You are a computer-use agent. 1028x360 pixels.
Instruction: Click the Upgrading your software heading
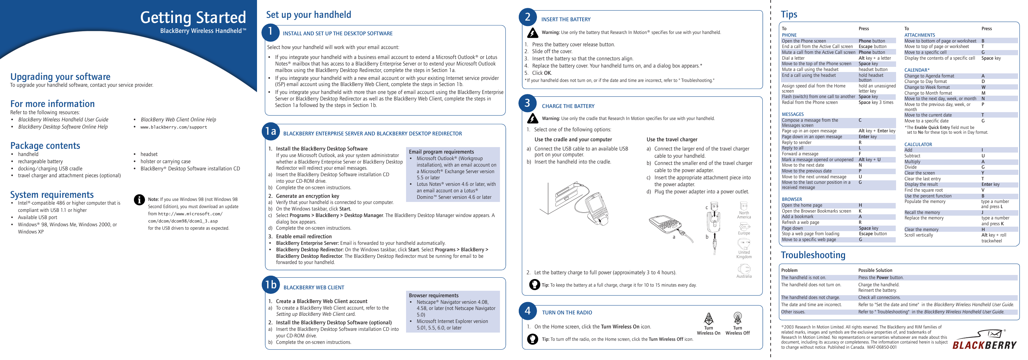(x=60, y=77)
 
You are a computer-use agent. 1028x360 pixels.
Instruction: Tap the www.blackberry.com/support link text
(x=174, y=127)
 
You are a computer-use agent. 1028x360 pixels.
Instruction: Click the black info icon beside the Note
(x=139, y=200)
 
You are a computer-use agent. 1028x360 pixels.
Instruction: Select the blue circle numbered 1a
(x=271, y=131)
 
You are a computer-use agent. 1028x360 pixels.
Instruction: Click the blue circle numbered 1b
(x=271, y=285)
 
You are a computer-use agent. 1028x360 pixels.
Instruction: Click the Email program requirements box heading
(x=441, y=152)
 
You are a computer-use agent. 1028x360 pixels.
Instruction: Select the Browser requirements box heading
(x=433, y=295)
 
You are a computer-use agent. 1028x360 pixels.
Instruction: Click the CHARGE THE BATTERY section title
(x=568, y=106)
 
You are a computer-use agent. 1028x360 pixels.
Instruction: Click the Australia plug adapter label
(x=744, y=276)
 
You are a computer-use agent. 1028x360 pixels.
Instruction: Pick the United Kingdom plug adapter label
(x=744, y=254)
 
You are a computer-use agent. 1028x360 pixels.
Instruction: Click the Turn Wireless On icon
(x=708, y=319)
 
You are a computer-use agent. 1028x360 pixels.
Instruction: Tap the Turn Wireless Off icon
(x=737, y=319)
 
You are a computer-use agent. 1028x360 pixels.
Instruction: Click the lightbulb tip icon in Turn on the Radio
(x=533, y=339)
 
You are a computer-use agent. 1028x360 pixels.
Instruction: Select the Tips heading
(x=788, y=15)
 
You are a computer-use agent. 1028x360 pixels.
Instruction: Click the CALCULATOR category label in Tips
(x=918, y=144)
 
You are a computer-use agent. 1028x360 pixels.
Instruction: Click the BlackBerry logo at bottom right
(x=984, y=340)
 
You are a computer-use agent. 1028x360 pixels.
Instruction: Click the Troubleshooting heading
(x=812, y=255)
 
